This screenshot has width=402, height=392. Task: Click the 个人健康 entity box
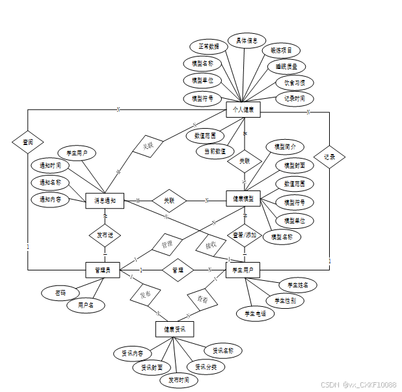click(243, 110)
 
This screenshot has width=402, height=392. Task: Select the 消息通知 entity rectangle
click(104, 201)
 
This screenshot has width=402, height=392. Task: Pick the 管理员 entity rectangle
click(103, 269)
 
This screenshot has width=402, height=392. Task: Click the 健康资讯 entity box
click(175, 329)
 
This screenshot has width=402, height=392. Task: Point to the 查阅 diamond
click(28, 141)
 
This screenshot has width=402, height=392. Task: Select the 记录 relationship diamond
click(329, 157)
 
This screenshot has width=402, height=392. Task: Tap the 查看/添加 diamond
click(245, 235)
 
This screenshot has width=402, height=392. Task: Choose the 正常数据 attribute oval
click(208, 46)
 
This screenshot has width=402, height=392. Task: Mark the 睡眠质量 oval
click(286, 66)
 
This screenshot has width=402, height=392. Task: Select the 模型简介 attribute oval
click(285, 147)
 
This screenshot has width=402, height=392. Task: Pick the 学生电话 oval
click(255, 313)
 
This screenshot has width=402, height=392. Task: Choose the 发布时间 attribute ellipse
click(178, 380)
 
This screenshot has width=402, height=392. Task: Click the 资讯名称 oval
click(223, 350)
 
